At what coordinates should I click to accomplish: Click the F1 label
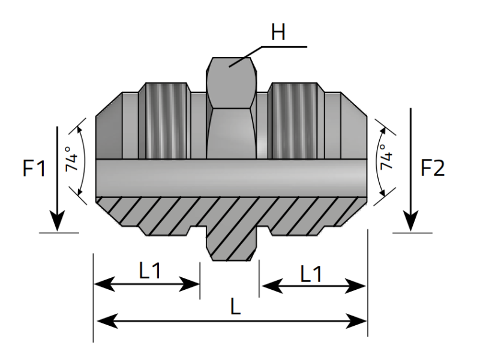click(34, 169)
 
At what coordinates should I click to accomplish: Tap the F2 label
click(432, 169)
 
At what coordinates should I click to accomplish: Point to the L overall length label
click(235, 307)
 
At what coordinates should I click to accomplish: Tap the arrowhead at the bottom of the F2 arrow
click(411, 223)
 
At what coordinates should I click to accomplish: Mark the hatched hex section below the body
click(233, 240)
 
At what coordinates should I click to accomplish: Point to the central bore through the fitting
click(231, 178)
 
